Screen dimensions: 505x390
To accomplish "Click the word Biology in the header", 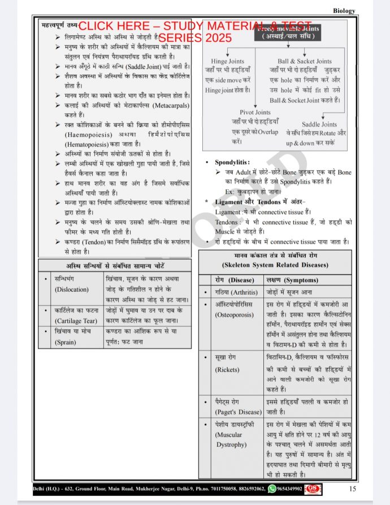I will [x=344, y=10].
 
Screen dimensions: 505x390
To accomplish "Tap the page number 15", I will [x=352, y=489].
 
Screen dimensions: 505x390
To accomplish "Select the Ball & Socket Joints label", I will [x=304, y=61].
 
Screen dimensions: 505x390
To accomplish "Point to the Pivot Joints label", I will [x=255, y=113].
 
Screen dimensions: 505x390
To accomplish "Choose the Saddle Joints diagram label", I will [x=319, y=124].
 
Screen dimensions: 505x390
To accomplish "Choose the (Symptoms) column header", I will [x=297, y=280].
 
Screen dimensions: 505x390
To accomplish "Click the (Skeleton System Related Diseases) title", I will [x=275, y=265].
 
